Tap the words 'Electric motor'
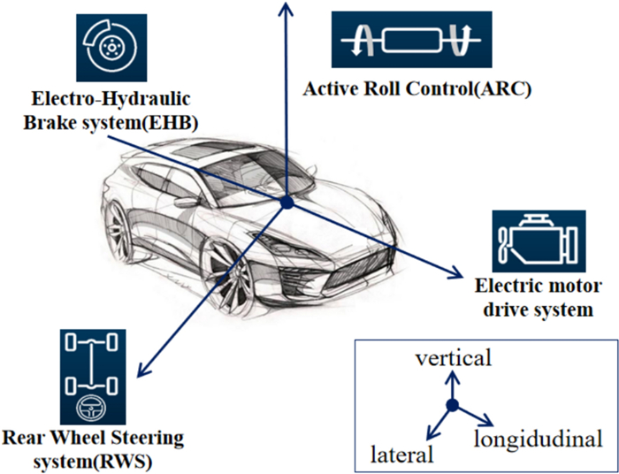coord(538,287)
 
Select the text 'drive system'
coord(538,310)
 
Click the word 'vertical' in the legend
coord(453,358)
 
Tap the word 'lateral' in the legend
coord(403,455)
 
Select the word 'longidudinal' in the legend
coord(538,439)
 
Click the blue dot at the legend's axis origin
coord(452,406)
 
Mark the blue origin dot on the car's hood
coord(286,204)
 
